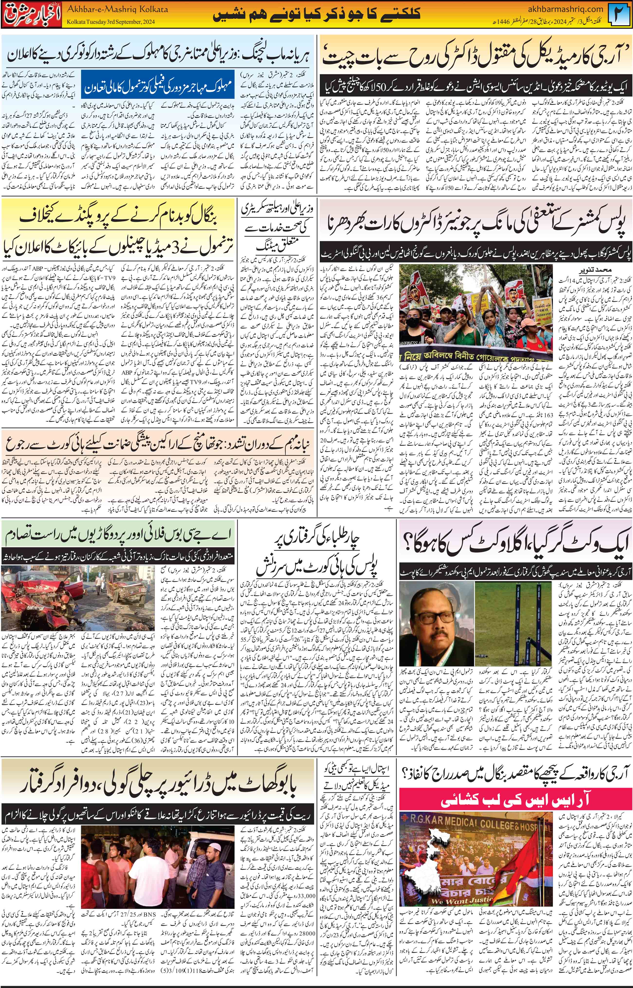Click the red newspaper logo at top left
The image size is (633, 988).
(x=31, y=15)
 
